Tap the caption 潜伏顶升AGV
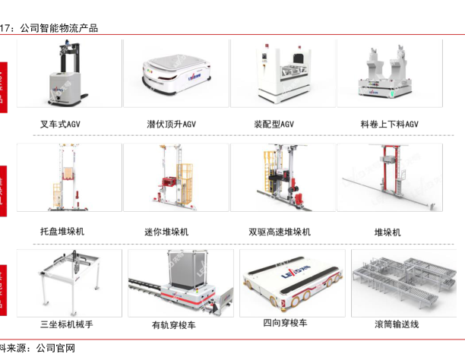pos(172,123)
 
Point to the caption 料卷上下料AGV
pos(390,123)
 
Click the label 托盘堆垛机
pos(62,231)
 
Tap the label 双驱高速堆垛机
pos(280,231)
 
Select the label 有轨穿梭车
pos(173,325)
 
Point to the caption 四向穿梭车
pos(285,324)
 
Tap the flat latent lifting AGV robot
pos(175,74)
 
